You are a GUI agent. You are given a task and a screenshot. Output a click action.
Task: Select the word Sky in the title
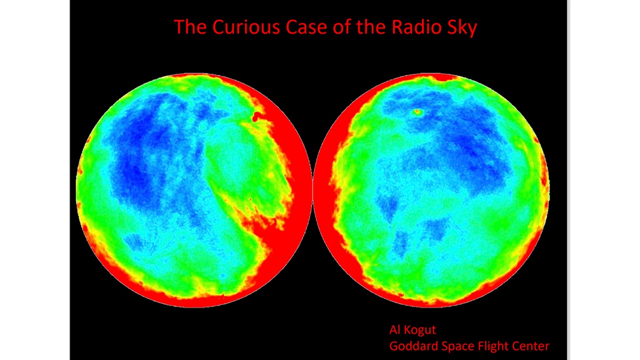pyautogui.click(x=462, y=28)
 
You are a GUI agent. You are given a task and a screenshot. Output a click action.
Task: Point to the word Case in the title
pyautogui.click(x=306, y=27)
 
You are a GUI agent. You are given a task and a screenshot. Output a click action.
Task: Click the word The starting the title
pyautogui.click(x=190, y=27)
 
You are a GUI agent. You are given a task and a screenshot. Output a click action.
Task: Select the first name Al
pyautogui.click(x=394, y=329)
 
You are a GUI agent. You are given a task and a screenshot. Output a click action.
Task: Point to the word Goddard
pyautogui.click(x=413, y=346)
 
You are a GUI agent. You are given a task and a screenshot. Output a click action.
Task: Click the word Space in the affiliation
pyautogui.click(x=457, y=346)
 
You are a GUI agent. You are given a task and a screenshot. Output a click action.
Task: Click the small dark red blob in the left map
pyautogui.click(x=257, y=116)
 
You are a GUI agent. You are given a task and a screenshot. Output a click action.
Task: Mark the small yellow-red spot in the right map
pyautogui.click(x=417, y=112)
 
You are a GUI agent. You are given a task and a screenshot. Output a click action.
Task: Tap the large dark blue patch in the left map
pyautogui.click(x=137, y=151)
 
